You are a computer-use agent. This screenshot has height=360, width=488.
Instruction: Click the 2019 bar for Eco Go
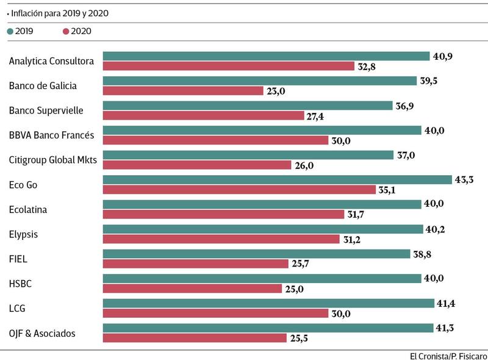pos(278,180)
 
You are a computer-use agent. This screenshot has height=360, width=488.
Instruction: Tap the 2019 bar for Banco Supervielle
pos(248,106)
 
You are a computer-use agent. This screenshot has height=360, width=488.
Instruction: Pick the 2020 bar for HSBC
pos(192,288)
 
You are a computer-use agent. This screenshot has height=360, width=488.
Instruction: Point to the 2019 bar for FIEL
pos(256,254)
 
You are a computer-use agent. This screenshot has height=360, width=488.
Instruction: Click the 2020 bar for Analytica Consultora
pos(229,66)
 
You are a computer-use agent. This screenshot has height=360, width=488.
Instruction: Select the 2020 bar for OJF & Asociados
pos(194,337)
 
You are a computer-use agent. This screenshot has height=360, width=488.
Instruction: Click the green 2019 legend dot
pos(10,31)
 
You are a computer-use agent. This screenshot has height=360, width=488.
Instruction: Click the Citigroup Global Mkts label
pos(53,160)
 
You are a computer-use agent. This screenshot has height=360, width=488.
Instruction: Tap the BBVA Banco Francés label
pos(51,135)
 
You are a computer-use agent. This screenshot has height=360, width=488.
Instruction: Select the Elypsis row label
pos(25,234)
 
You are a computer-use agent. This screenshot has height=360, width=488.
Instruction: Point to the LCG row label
pos(18,308)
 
